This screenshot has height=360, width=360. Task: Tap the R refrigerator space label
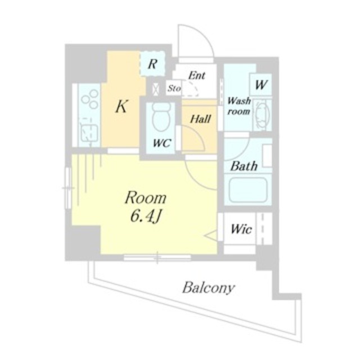pos(152,64)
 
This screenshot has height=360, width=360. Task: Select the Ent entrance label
pos(196,75)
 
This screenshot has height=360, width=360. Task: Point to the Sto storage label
pos(174,88)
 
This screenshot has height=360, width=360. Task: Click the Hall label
pos(200,119)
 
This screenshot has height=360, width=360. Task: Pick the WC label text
pos(162,143)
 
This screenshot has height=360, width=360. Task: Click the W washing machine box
pos(261,84)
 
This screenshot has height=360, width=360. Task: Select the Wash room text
pos(238,106)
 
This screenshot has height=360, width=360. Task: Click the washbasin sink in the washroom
pos(262,115)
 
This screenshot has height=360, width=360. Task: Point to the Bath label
pos(244,166)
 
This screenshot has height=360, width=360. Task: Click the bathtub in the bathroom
pos(248,190)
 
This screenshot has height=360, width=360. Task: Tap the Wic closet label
pos(241,229)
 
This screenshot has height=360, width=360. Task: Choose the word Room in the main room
pos(146,197)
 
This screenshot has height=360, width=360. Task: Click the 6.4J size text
pos(145,216)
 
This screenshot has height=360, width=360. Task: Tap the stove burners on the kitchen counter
pos(90,99)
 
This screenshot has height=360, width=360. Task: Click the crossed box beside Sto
pos(156,88)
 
